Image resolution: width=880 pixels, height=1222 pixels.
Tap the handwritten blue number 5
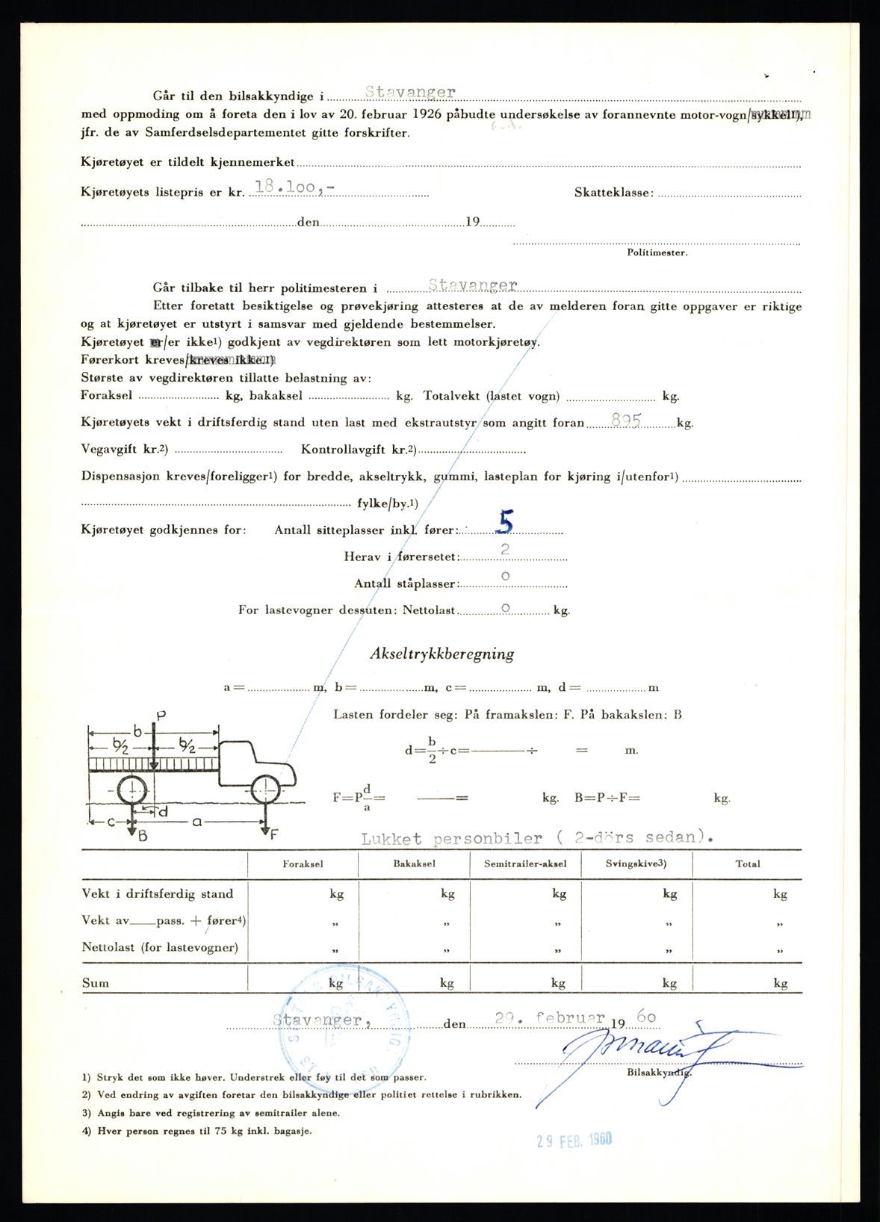click(x=506, y=524)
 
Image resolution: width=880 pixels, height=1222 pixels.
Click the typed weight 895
click(x=626, y=421)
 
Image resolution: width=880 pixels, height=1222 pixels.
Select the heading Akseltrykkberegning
click(x=441, y=654)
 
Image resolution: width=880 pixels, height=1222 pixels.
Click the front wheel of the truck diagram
click(x=264, y=790)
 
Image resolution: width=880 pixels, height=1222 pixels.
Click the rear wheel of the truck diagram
click(x=131, y=790)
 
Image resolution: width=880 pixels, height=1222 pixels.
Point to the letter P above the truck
click(x=160, y=716)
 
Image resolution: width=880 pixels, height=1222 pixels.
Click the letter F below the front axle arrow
click(x=273, y=834)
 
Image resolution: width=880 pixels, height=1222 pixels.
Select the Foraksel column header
click(x=303, y=863)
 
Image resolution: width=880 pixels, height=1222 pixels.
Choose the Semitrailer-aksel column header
click(x=525, y=863)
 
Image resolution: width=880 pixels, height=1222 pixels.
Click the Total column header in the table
click(x=747, y=863)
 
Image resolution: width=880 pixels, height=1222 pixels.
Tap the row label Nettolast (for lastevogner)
click(x=160, y=947)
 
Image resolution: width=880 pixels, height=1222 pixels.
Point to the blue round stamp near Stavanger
click(x=344, y=1031)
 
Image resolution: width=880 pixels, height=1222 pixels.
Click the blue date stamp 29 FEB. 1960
click(x=574, y=1140)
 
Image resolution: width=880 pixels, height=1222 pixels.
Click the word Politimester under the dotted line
click(x=657, y=252)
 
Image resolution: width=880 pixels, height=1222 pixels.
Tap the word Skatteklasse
click(x=613, y=193)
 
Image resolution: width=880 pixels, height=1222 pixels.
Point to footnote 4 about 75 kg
click(x=198, y=1131)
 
